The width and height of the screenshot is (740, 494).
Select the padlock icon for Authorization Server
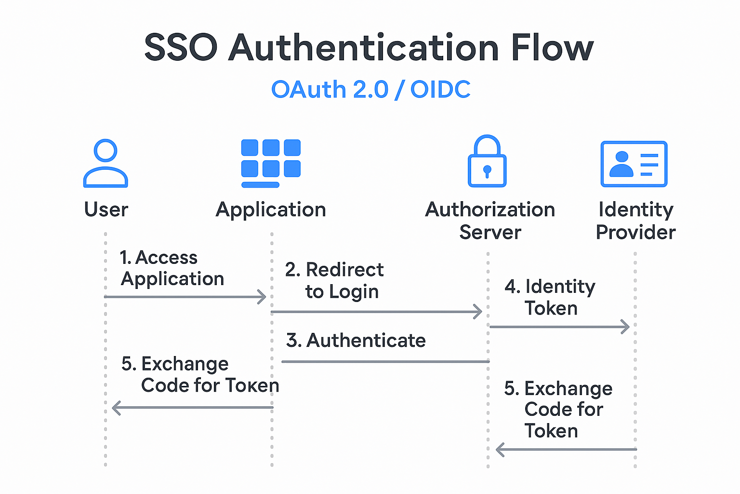tap(487, 162)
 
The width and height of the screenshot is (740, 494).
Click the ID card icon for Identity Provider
tap(634, 164)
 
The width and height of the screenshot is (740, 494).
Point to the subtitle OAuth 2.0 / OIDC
tap(370, 90)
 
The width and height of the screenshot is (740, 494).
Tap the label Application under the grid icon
tap(271, 210)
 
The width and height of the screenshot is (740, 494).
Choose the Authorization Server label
tap(490, 221)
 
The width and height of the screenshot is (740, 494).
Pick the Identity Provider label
tap(635, 221)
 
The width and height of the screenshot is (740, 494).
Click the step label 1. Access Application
tap(172, 268)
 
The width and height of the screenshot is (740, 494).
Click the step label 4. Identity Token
tap(550, 297)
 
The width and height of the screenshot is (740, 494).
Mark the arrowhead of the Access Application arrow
tap(262, 297)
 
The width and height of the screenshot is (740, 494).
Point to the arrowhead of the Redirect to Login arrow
tap(478, 312)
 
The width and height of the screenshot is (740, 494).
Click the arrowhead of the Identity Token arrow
tap(625, 327)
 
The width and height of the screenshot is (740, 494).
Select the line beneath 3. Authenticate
tap(385, 361)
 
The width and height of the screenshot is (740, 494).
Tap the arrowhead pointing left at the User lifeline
tap(116, 408)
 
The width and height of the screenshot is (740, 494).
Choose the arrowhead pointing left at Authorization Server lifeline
tap(500, 450)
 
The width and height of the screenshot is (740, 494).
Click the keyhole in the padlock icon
tap(487, 171)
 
